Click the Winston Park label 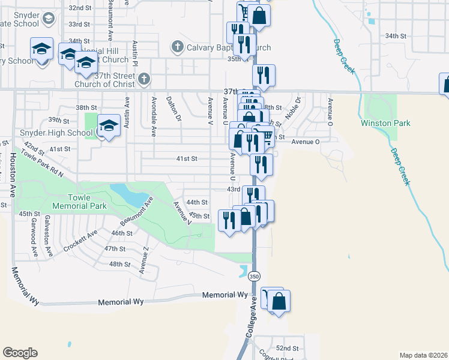(385, 123)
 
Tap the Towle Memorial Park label (88, 202)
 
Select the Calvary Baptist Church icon (177, 46)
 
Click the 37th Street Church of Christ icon (143, 79)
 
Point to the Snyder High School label (47, 133)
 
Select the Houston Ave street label (13, 175)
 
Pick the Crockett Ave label (80, 241)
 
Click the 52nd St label (287, 348)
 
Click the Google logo (20, 353)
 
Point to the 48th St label (119, 264)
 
